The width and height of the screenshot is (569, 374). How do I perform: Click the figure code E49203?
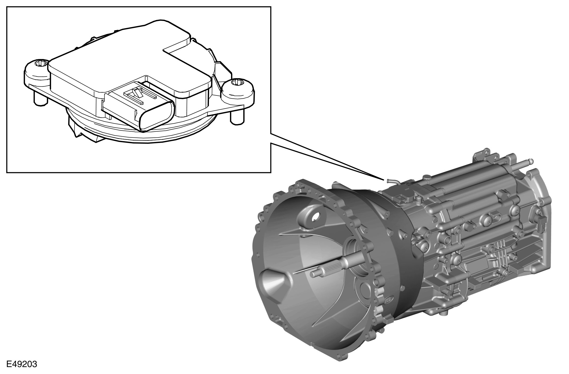click(x=22, y=364)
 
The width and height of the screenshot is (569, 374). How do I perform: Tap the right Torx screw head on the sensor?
click(x=236, y=83)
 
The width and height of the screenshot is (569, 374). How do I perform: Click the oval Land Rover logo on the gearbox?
click(x=389, y=300)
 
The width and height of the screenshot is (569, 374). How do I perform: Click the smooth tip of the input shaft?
click(x=314, y=274)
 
